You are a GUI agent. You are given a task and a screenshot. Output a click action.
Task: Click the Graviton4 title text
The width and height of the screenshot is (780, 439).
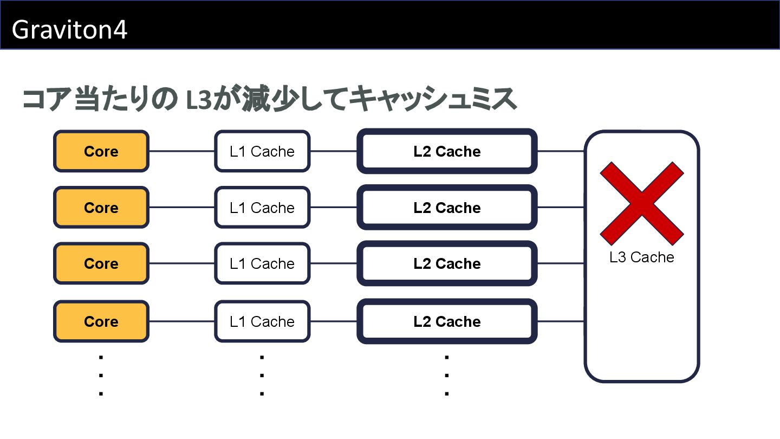coord(69,30)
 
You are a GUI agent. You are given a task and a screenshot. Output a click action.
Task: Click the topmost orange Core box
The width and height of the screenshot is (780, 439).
coord(101,151)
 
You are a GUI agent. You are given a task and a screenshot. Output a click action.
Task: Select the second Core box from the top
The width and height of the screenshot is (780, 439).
coord(101,208)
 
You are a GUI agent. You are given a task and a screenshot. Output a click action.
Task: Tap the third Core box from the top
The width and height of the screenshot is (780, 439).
coord(101,263)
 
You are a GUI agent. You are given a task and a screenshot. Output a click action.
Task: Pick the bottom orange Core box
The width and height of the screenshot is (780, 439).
coord(101,321)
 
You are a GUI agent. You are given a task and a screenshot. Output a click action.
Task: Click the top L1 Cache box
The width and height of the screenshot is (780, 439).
coord(262,151)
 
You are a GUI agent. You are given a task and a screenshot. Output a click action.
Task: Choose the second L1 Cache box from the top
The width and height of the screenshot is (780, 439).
coord(262,208)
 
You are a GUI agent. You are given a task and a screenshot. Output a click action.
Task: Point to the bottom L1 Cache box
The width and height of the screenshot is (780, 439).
coord(262,321)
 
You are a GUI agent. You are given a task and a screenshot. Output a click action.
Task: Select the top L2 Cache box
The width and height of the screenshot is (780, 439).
coord(447,151)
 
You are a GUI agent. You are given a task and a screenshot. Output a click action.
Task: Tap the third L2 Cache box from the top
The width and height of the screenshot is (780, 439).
coord(447,263)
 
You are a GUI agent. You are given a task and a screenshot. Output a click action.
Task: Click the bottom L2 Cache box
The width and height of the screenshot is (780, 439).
coord(447,321)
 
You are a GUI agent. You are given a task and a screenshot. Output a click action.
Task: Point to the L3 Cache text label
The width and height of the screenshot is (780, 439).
coord(642,257)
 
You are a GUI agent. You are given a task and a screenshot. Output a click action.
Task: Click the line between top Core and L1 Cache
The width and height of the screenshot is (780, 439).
coord(181,151)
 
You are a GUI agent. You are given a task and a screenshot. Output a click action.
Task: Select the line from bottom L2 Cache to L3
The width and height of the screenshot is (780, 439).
coord(561,321)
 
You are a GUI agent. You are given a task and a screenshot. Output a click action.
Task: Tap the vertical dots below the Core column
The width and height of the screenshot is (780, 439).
coord(101,375)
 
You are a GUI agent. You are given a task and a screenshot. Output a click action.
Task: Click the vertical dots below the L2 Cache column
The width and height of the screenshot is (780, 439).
coord(447,375)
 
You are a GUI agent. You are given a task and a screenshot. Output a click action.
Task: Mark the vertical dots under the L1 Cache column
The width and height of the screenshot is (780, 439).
coord(262,375)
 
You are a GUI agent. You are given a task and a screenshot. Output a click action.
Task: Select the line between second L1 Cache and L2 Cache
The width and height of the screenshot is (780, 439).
coord(334,208)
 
